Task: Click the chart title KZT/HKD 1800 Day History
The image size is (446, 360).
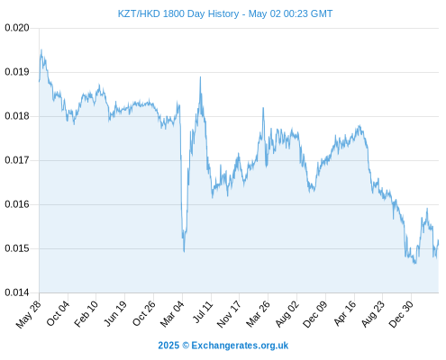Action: tap(178, 13)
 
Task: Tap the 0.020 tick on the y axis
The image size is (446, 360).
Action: tap(17, 28)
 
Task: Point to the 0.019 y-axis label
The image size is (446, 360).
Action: tap(17, 72)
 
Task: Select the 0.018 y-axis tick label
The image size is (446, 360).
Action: tap(17, 116)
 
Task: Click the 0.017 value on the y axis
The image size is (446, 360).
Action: tap(17, 160)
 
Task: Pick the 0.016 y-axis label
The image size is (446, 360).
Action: tap(17, 204)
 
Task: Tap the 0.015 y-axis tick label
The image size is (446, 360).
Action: tap(17, 248)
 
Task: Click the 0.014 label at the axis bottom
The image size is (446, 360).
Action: tap(17, 292)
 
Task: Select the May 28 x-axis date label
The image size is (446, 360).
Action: tap(28, 314)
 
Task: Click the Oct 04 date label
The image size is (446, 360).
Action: tap(58, 313)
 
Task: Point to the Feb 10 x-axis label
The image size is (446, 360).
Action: tap(86, 314)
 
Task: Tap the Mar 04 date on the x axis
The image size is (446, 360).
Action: tap(172, 314)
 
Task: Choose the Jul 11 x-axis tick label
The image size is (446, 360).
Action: tap(203, 312)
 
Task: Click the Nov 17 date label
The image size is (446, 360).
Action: tap(229, 314)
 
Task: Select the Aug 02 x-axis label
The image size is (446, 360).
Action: tap(287, 314)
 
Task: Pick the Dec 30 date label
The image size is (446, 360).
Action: tap(401, 314)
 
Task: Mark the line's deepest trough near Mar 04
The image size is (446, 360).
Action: tap(184, 251)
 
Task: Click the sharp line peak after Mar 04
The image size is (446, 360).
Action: tap(200, 77)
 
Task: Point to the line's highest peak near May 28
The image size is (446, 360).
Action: tap(41, 49)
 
